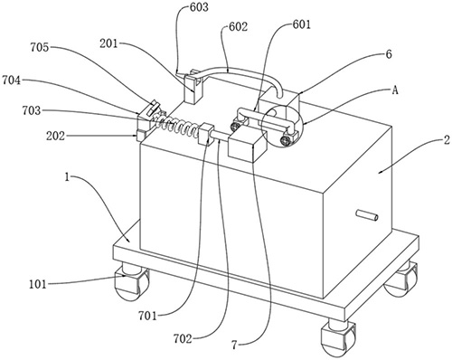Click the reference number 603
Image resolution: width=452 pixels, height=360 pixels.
click(199, 6)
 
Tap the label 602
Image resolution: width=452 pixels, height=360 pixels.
click(238, 26)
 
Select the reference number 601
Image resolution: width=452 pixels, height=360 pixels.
click(301, 24)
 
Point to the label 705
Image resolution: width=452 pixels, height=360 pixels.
click(40, 47)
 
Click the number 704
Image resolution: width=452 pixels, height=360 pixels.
click(12, 81)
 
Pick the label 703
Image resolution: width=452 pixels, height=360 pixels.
click(32, 110)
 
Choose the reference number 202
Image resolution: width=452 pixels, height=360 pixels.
click(55, 137)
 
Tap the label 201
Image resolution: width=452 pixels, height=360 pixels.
click(108, 44)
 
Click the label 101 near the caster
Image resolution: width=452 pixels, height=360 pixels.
click(38, 284)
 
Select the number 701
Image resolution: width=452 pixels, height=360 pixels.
click(147, 316)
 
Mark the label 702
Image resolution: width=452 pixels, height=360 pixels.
click(183, 339)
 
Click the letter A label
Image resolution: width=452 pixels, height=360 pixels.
click(395, 90)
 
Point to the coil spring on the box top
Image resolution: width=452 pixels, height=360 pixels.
click(175, 125)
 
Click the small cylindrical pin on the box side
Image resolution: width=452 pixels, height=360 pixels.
click(367, 215)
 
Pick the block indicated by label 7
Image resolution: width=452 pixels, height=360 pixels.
click(247, 143)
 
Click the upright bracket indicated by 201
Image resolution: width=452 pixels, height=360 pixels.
click(193, 89)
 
